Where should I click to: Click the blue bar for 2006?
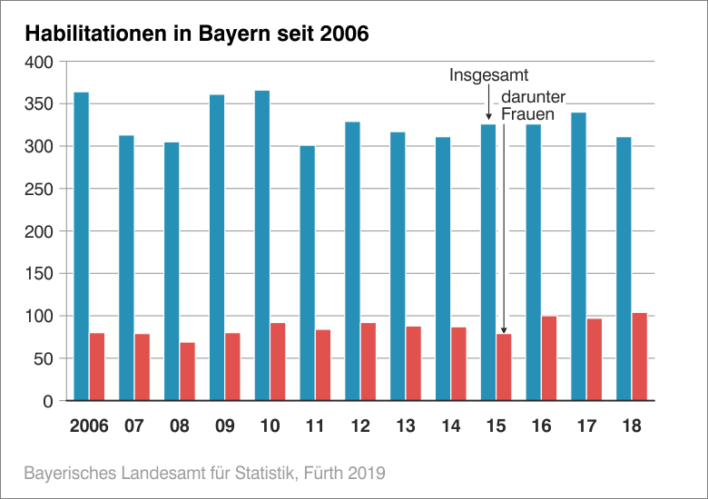point(82,246)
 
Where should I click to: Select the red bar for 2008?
point(187,371)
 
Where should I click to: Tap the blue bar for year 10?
point(262,245)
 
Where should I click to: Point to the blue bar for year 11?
point(308,273)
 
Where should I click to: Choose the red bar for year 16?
point(549,358)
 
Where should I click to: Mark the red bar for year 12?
point(368,361)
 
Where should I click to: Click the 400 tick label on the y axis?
point(42,62)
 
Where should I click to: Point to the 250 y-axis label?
point(42,189)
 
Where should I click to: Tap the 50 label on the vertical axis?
point(46,358)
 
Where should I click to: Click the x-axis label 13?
point(405,426)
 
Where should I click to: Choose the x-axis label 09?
point(224,426)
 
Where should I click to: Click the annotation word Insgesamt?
point(488,75)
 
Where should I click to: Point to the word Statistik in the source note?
point(256,473)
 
